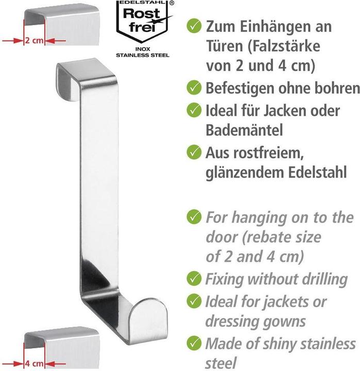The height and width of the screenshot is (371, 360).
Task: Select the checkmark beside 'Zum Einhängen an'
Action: click(x=194, y=25)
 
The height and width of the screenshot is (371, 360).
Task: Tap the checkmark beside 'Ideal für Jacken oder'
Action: click(x=194, y=109)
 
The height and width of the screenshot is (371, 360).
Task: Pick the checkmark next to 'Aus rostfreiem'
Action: click(x=194, y=151)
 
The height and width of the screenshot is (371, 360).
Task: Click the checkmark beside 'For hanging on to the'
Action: click(x=194, y=216)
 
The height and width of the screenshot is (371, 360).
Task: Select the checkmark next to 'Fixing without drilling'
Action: click(x=194, y=279)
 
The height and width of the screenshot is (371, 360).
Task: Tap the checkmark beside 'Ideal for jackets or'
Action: click(x=194, y=300)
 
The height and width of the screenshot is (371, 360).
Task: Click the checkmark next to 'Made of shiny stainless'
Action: click(x=194, y=342)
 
